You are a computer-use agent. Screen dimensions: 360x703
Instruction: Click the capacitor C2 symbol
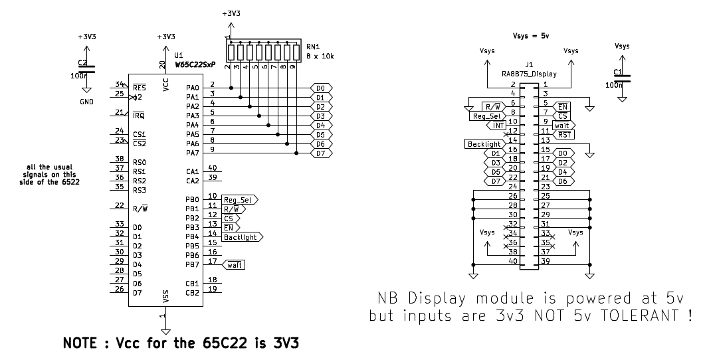[86, 68]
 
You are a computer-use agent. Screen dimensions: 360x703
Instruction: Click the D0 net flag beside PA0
[320, 88]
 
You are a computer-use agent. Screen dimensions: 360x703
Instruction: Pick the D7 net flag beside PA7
[320, 153]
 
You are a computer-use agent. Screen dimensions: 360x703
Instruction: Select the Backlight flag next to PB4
[242, 236]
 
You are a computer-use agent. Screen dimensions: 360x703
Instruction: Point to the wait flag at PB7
[235, 264]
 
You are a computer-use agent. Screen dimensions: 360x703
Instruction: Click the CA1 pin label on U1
[192, 171]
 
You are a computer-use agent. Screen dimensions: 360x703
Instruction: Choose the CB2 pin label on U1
[192, 292]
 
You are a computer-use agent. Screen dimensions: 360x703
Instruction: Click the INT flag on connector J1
[496, 125]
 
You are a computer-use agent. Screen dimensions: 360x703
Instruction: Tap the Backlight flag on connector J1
[484, 143]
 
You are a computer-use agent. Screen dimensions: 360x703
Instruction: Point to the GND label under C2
[86, 102]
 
